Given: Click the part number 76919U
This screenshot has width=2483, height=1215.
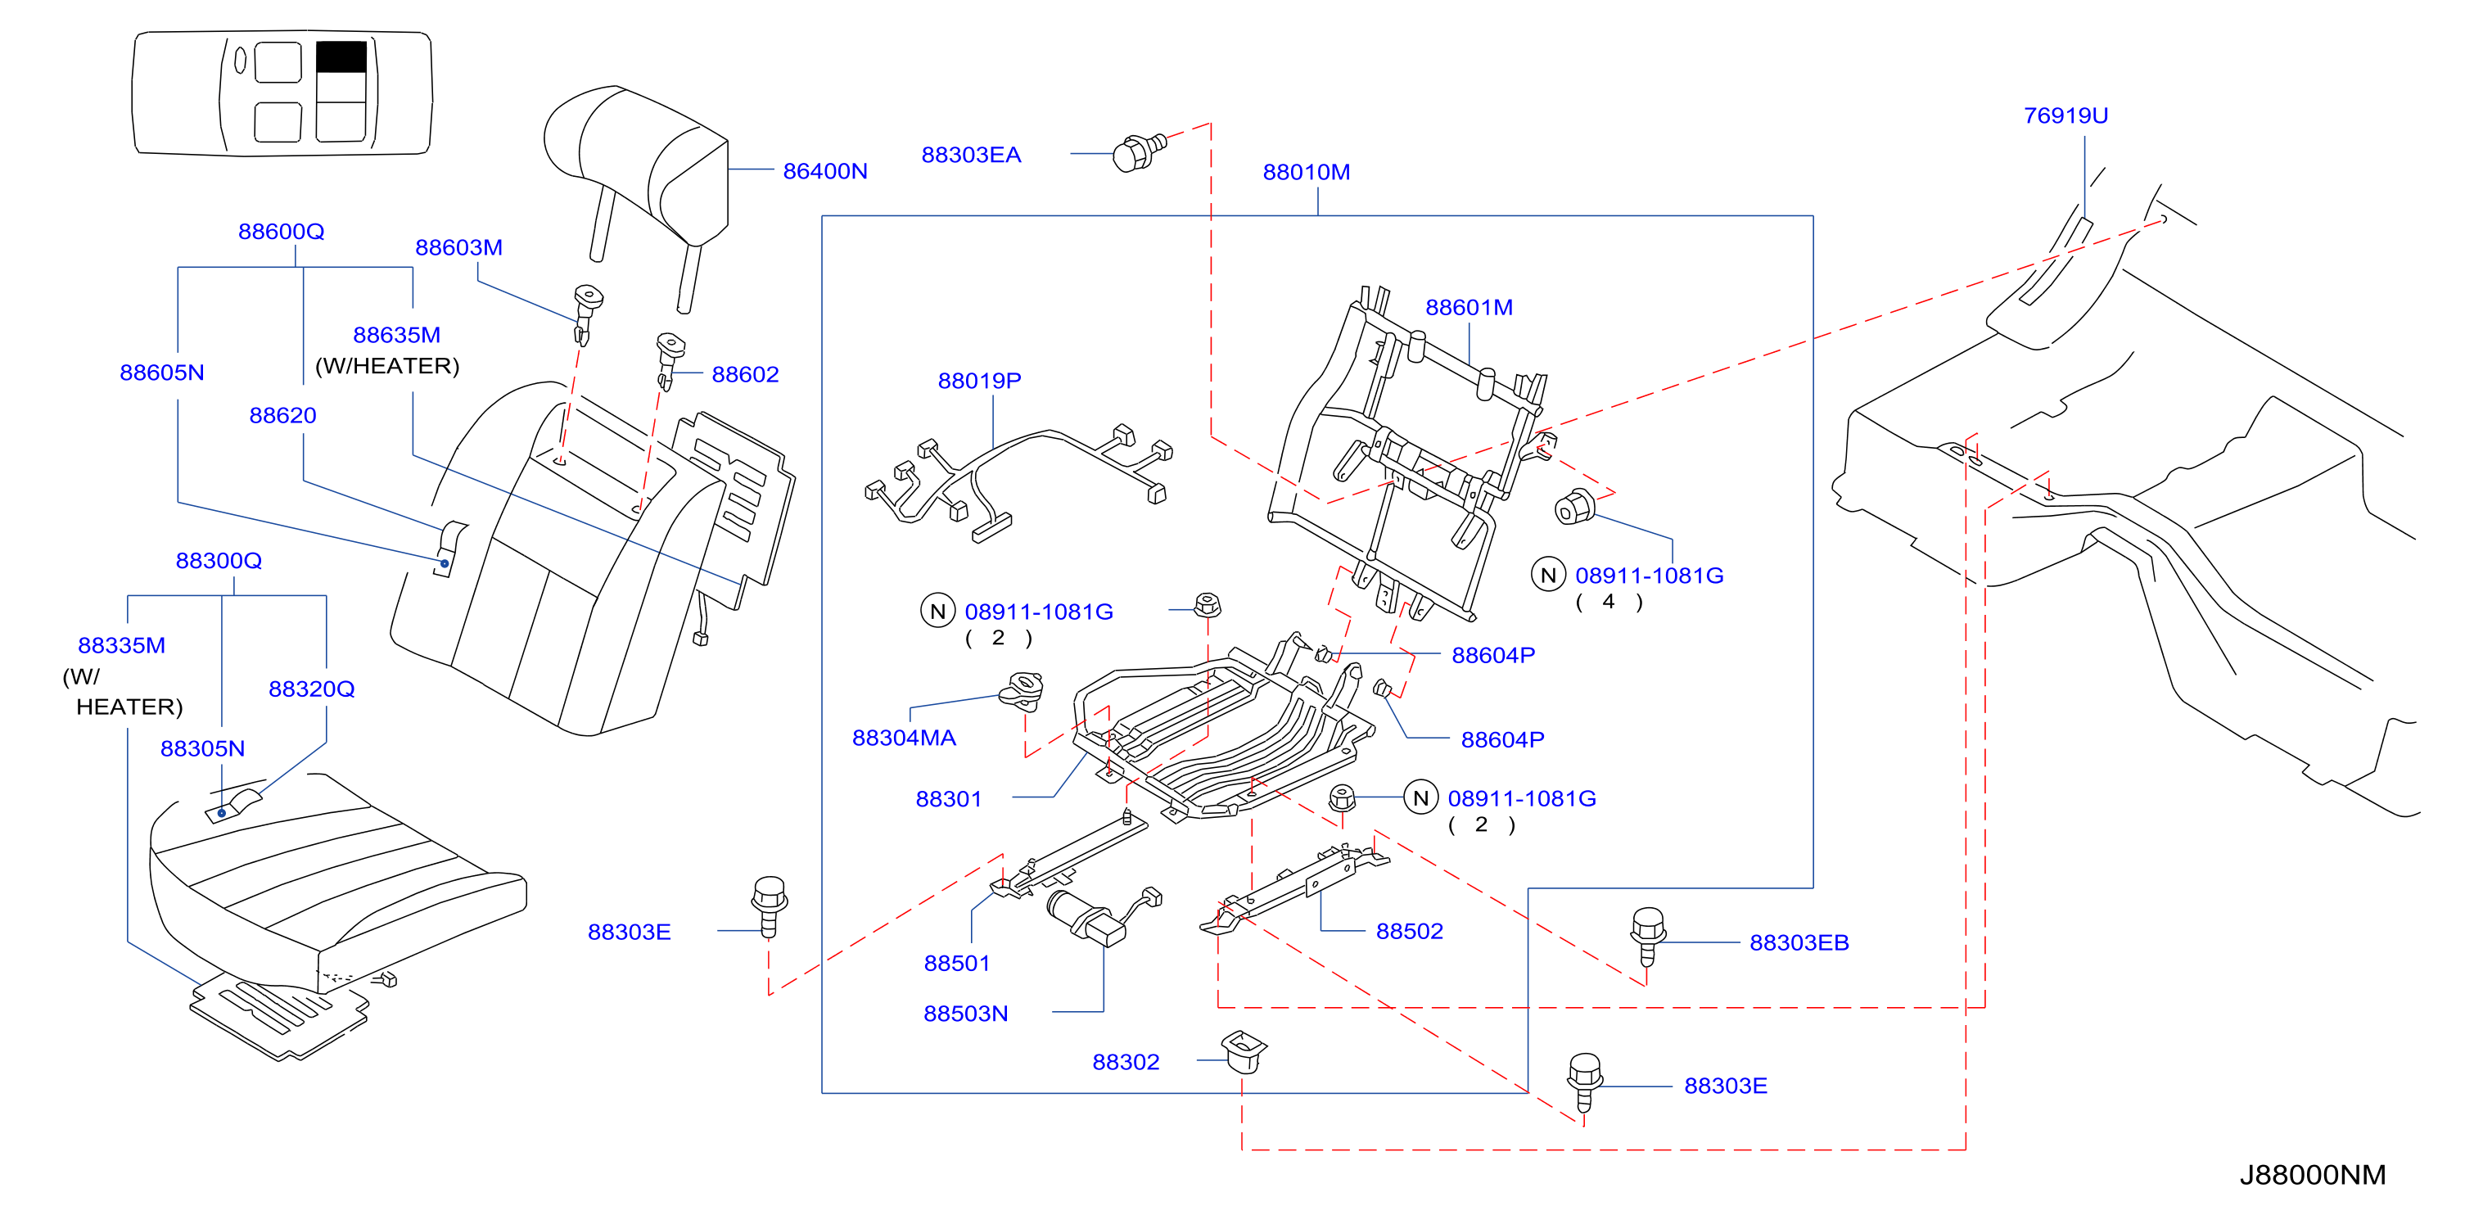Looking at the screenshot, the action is click(2065, 115).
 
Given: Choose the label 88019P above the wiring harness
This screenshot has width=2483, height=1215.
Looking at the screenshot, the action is click(979, 380).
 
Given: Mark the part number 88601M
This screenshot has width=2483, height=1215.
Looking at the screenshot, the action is click(1469, 307).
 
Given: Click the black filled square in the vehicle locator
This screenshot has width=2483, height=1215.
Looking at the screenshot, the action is click(341, 56).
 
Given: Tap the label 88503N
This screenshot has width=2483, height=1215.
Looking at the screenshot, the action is click(966, 1014).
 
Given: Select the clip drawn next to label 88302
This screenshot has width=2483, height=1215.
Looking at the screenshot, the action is click(1244, 1050).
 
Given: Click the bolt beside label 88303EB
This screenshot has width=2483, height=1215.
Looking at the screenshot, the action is click(1647, 934).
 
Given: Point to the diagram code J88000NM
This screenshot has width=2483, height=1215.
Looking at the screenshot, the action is click(2313, 1175).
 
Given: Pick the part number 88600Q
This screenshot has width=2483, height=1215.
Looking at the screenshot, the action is click(281, 232).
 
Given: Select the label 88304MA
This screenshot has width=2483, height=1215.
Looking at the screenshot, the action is click(904, 738).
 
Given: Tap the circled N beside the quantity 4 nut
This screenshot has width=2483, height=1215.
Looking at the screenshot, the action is click(1548, 575).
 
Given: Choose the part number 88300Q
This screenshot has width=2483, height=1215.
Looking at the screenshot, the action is click(219, 560).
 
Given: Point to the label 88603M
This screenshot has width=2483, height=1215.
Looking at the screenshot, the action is click(458, 247).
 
